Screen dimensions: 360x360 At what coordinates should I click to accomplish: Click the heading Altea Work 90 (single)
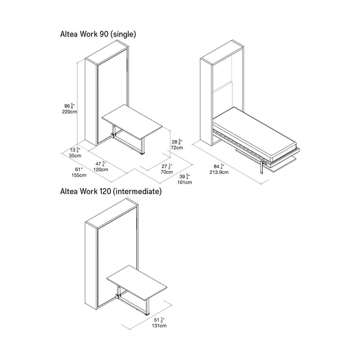click(x=98, y=34)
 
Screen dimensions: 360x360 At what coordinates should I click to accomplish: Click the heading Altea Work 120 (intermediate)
click(x=111, y=191)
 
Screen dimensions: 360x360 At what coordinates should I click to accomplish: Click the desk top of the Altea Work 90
click(x=132, y=122)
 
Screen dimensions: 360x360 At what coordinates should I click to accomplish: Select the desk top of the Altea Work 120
click(x=137, y=282)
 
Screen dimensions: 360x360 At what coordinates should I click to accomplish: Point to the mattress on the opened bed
click(x=255, y=134)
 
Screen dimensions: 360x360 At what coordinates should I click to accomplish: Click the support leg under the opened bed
click(x=261, y=167)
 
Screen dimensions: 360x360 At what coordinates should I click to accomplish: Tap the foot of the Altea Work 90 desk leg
click(x=143, y=153)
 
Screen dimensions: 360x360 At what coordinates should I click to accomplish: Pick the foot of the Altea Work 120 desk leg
click(x=147, y=314)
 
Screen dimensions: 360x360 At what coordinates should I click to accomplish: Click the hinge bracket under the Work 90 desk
click(x=113, y=135)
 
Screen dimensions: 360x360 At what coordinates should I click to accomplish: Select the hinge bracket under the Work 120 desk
click(x=118, y=296)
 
